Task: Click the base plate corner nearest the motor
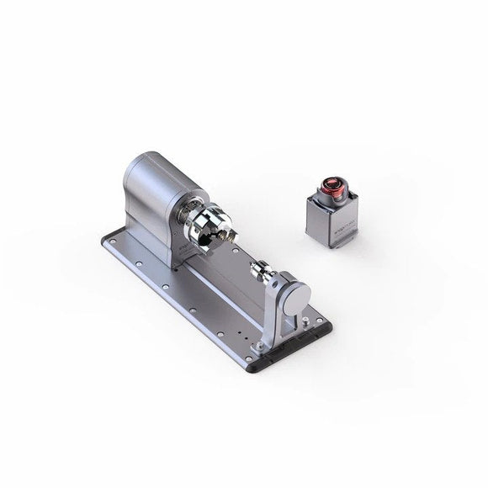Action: (x=108, y=240)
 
